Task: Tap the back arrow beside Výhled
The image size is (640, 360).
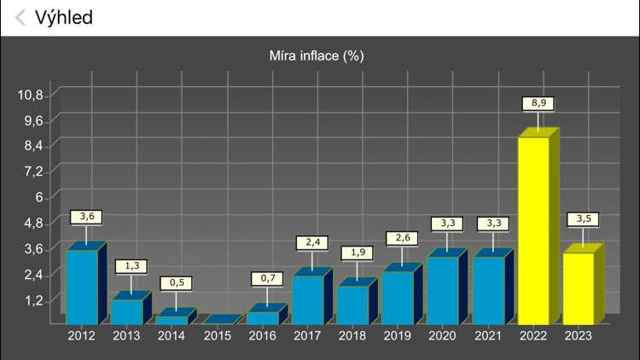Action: tap(20, 17)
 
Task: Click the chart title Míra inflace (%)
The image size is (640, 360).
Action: tap(317, 56)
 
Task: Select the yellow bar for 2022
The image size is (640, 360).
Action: tap(534, 230)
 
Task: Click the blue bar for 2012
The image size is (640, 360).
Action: tap(82, 287)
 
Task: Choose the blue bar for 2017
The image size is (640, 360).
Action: tap(308, 299)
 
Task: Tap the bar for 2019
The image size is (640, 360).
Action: tap(398, 297)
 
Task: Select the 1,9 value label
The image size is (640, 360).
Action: tap(357, 253)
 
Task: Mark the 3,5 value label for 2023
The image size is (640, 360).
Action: tap(583, 219)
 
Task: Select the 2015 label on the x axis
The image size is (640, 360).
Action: tap(217, 336)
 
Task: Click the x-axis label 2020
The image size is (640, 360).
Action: tap(444, 336)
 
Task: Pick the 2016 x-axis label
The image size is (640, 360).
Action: tap(262, 336)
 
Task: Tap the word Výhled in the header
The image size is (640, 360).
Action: tap(64, 17)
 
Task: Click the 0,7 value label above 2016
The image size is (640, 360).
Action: tap(267, 278)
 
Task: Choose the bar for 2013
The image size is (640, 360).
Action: tap(127, 311)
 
